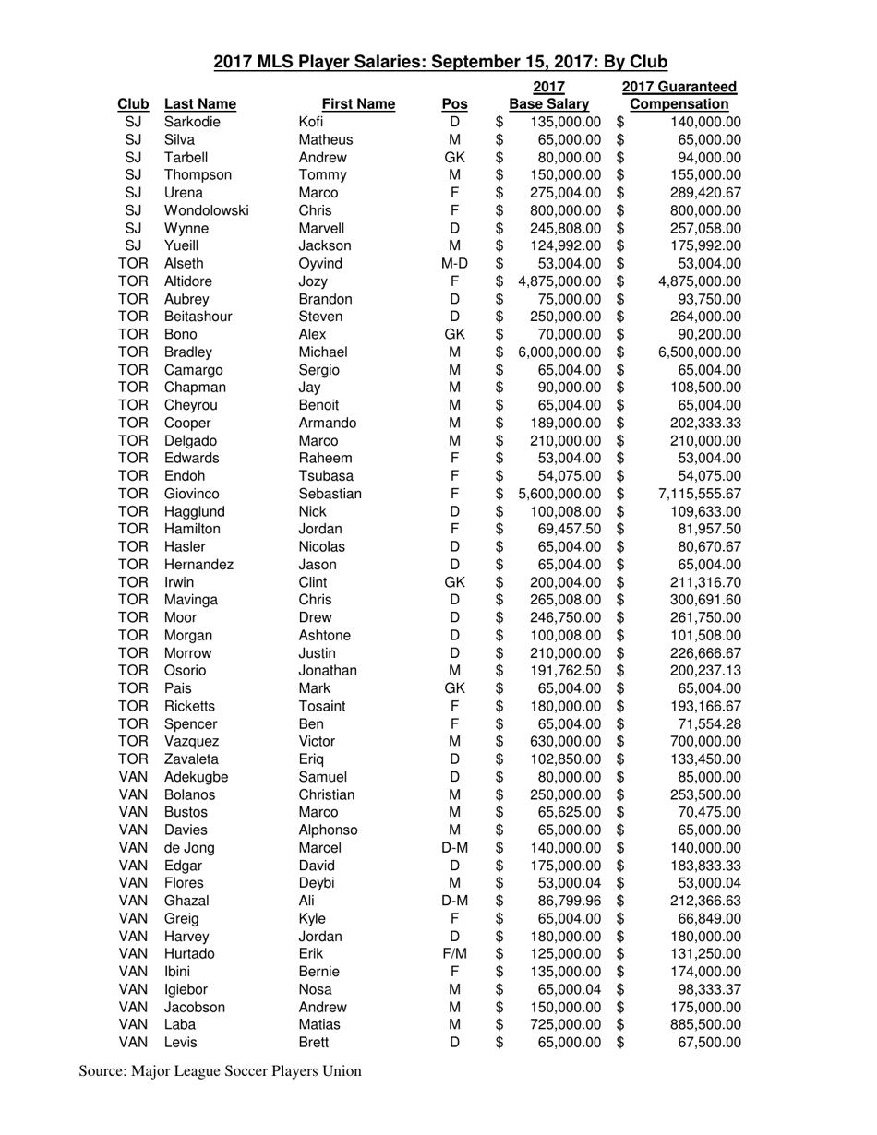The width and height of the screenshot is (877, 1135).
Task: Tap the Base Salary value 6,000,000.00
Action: point(560,352)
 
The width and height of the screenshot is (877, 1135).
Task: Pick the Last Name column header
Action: point(199,104)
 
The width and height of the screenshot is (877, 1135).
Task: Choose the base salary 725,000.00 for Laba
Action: point(565,1024)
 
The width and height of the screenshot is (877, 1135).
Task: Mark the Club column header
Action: point(133,104)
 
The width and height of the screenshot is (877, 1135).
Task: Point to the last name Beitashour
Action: point(198,317)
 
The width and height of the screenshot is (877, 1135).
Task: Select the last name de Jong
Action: point(189,847)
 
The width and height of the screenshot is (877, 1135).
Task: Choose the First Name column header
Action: point(358,104)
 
